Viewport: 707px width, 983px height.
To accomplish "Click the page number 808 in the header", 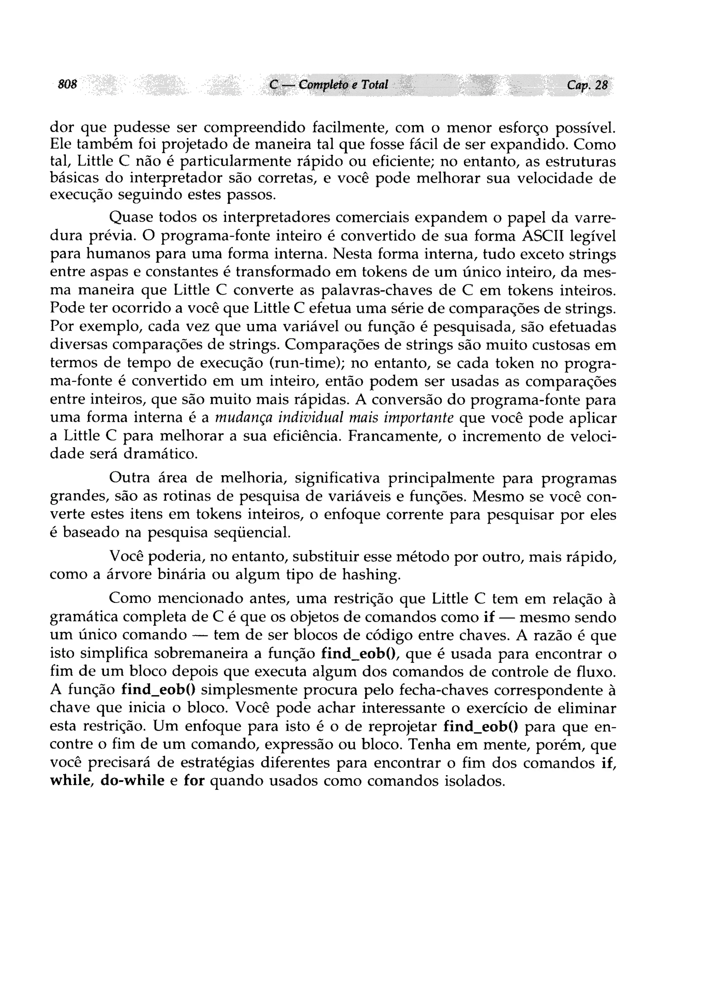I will pyautogui.click(x=68, y=84).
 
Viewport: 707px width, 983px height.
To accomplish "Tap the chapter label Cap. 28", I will pyautogui.click(x=587, y=85).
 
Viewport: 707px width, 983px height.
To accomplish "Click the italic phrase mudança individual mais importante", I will pyautogui.click(x=334, y=418).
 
